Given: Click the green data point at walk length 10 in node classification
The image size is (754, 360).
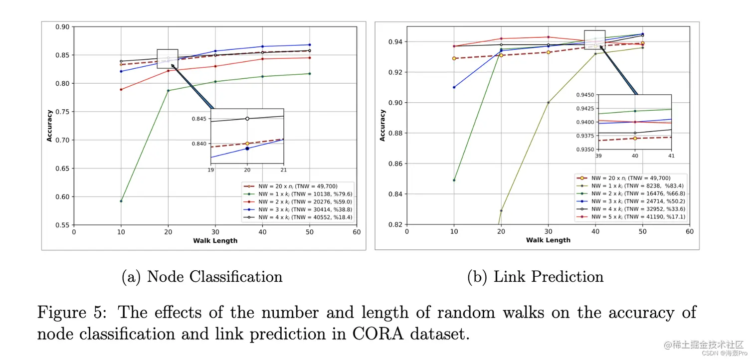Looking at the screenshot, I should click(121, 201).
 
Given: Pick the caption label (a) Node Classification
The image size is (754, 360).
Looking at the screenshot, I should click(202, 277).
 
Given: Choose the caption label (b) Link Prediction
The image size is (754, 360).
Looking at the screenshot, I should click(535, 277).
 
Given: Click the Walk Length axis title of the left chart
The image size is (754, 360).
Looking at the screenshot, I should click(215, 241).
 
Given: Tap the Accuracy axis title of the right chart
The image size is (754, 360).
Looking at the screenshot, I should click(382, 126).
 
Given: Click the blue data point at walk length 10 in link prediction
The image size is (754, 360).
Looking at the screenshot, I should click(454, 87).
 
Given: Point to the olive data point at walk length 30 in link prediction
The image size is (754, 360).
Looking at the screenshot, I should click(549, 103).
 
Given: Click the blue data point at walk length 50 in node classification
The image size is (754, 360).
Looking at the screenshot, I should click(310, 45).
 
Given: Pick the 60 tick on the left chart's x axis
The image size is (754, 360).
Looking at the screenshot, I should click(357, 232).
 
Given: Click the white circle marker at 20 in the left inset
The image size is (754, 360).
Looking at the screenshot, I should click(247, 119).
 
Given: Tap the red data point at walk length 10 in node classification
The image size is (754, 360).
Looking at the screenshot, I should click(121, 89).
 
